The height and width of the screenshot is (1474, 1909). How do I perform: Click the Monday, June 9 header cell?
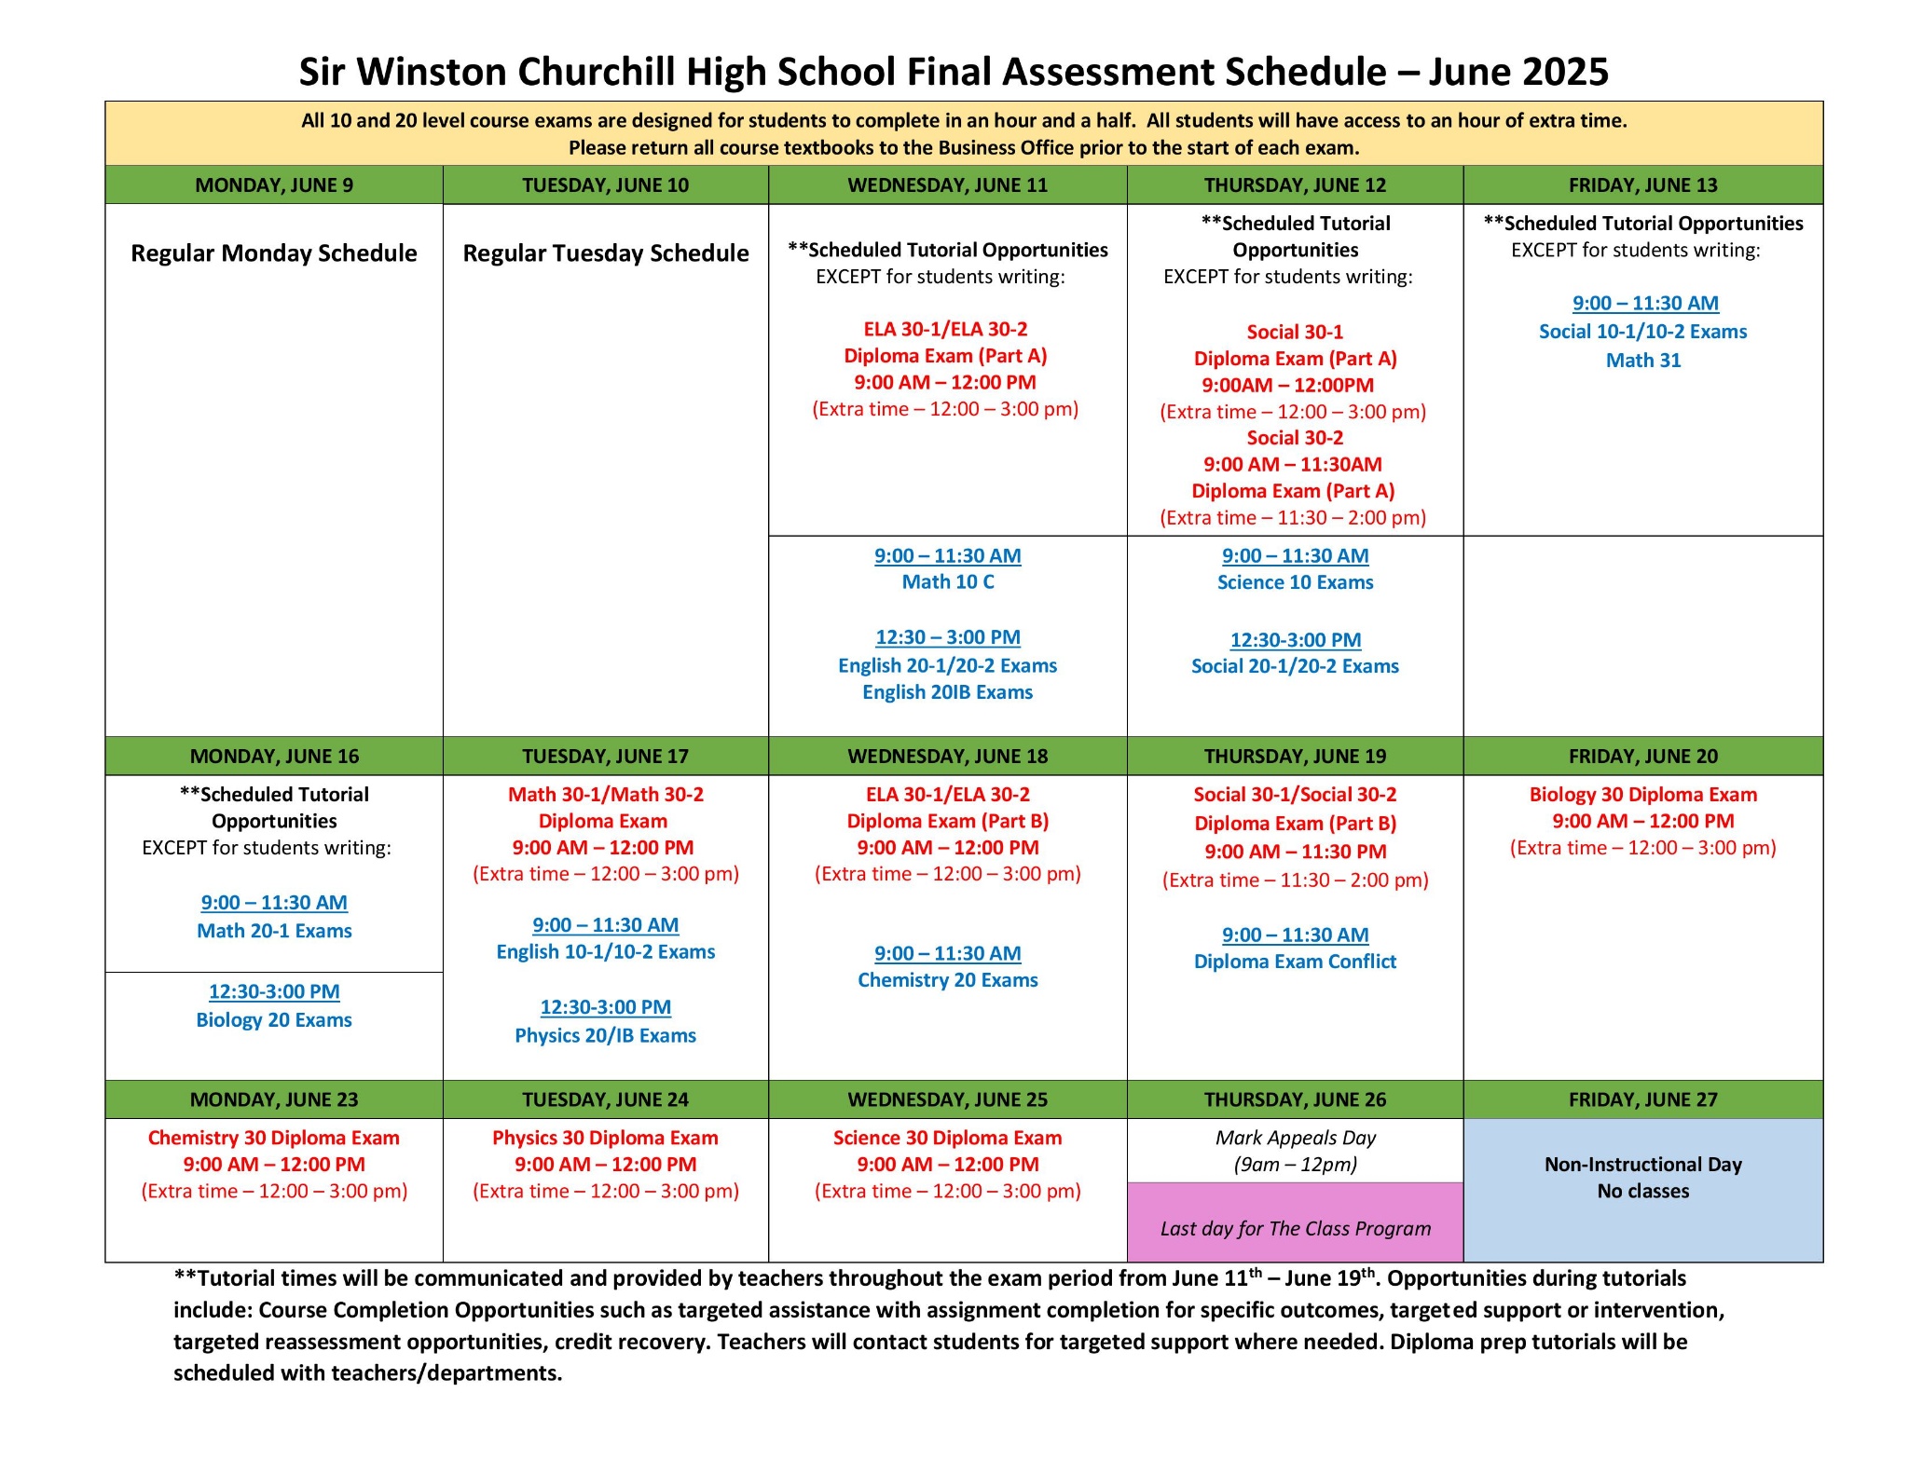click(273, 184)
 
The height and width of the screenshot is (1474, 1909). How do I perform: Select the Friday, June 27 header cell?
click(1642, 1099)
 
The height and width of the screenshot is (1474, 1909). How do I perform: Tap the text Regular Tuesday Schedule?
click(606, 253)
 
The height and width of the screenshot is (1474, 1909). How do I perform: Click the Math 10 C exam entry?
click(948, 582)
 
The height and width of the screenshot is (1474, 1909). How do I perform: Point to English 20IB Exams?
click(947, 692)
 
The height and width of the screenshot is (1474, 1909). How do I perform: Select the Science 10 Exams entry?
click(1295, 582)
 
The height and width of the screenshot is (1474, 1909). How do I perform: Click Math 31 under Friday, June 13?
click(1642, 361)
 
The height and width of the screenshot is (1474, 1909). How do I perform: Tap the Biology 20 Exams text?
click(274, 1020)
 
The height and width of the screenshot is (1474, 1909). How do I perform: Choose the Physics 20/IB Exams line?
click(606, 1036)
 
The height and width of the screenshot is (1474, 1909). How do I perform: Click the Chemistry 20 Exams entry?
click(947, 980)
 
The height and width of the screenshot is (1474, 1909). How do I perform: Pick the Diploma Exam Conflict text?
click(1295, 962)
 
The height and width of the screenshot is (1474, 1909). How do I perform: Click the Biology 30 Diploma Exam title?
click(1642, 795)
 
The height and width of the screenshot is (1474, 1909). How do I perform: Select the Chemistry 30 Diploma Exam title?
click(274, 1138)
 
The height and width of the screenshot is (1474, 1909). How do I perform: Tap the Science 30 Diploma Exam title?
click(947, 1138)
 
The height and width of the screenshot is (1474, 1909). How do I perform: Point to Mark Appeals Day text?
click(1295, 1138)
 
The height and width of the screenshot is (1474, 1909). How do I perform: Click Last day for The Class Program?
click(1295, 1229)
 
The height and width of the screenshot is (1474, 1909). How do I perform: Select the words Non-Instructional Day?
click(1642, 1165)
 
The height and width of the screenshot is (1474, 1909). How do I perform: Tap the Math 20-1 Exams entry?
click(274, 931)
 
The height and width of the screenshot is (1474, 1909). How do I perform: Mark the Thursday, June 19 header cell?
click(1295, 757)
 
